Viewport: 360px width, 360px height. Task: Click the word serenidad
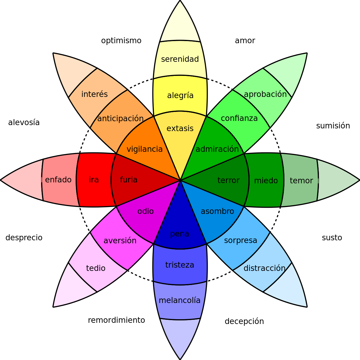[x=180, y=59]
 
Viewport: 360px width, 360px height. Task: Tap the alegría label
[x=180, y=95]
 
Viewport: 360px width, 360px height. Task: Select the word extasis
[x=180, y=128]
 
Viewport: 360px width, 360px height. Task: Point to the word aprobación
[x=265, y=94]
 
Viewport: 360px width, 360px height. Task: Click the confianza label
[x=239, y=118]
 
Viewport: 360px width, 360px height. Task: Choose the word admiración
[x=217, y=149]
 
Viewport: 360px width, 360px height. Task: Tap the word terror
[x=228, y=180]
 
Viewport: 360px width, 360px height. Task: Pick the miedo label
[x=266, y=181]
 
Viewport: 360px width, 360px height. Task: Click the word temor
[x=301, y=181]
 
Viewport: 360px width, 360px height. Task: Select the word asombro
[x=217, y=211]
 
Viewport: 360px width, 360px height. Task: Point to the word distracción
[x=264, y=268]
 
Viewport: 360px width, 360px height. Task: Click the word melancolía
[x=179, y=300]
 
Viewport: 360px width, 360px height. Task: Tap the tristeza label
[x=180, y=265]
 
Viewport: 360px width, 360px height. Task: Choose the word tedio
[x=96, y=268]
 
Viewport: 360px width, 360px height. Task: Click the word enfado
[x=58, y=180]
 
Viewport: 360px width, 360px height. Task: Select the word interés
[x=94, y=94]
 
